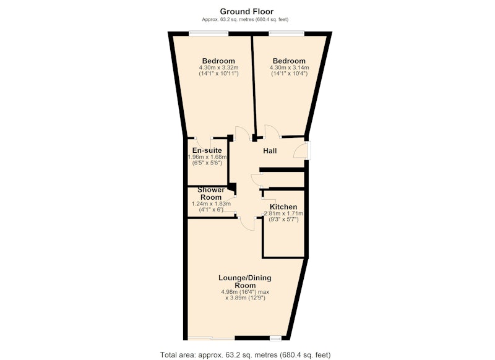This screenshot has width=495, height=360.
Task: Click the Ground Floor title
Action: [x=246, y=12]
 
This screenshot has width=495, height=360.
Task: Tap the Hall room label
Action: [x=270, y=151]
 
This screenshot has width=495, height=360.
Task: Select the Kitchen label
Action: [x=283, y=207]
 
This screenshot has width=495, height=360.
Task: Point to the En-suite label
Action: [x=207, y=150]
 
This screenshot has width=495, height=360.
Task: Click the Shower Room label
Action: [x=211, y=194]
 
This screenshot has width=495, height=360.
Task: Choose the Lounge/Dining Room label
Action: [x=245, y=281]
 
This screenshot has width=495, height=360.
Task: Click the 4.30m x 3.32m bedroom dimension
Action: [x=218, y=67]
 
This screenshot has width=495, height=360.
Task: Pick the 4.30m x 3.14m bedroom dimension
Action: [x=289, y=67]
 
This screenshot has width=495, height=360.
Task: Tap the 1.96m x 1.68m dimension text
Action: [x=207, y=157]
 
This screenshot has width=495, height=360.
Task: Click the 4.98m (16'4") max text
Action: [x=245, y=292]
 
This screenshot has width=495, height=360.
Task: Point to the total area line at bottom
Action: [x=245, y=354]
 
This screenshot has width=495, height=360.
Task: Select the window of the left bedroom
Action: [x=209, y=32]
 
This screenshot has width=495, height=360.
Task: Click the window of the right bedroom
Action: [x=286, y=32]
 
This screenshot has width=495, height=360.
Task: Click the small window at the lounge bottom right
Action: [x=275, y=338]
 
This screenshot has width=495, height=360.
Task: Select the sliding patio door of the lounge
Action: [x=211, y=338]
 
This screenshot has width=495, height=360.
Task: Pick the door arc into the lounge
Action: [x=247, y=224]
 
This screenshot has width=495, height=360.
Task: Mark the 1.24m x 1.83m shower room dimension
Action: [x=211, y=204]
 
